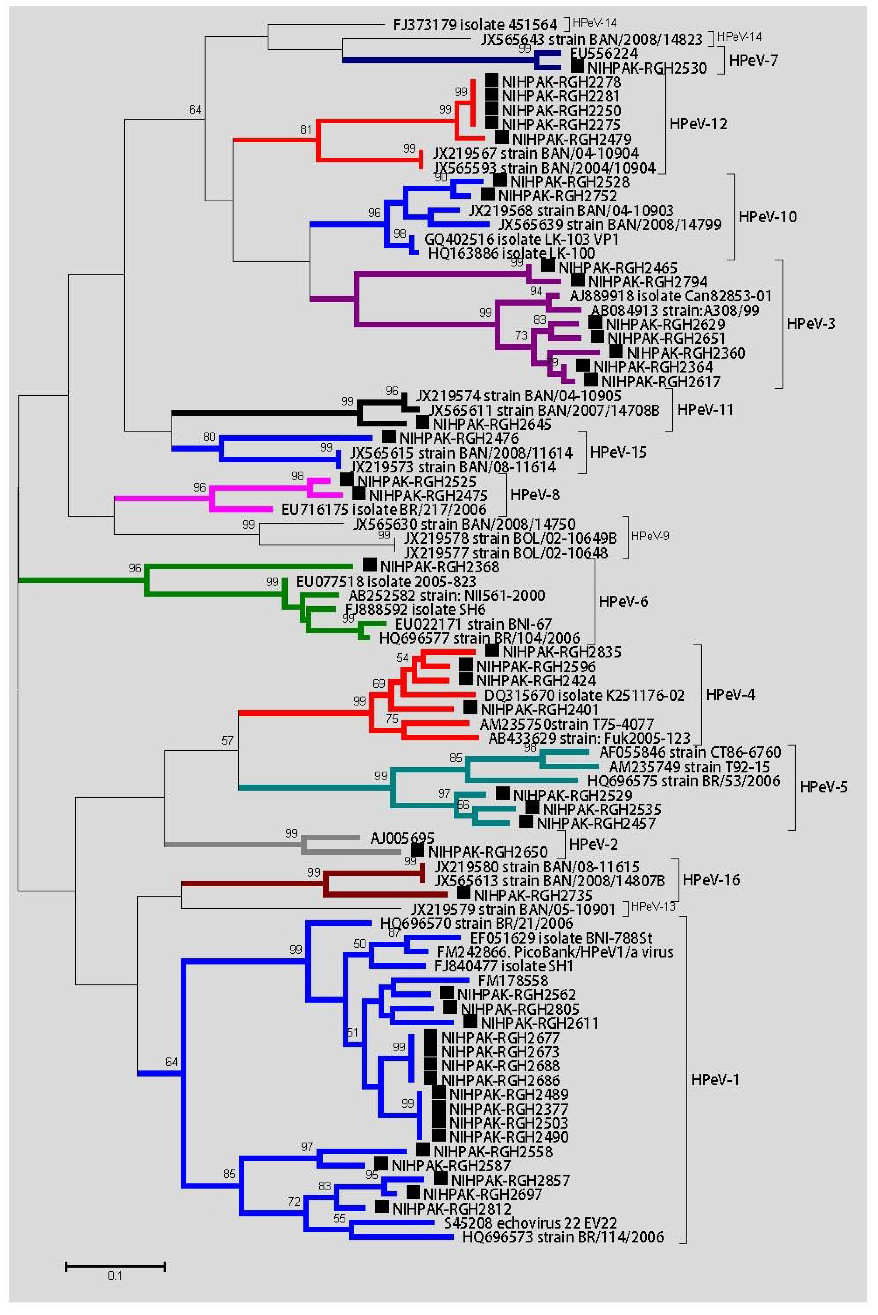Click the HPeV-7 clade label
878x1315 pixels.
[x=753, y=60]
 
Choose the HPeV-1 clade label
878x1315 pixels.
[x=715, y=1080]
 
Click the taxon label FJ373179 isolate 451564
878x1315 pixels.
[x=475, y=25]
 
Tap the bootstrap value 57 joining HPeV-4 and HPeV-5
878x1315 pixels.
[x=227, y=740]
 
